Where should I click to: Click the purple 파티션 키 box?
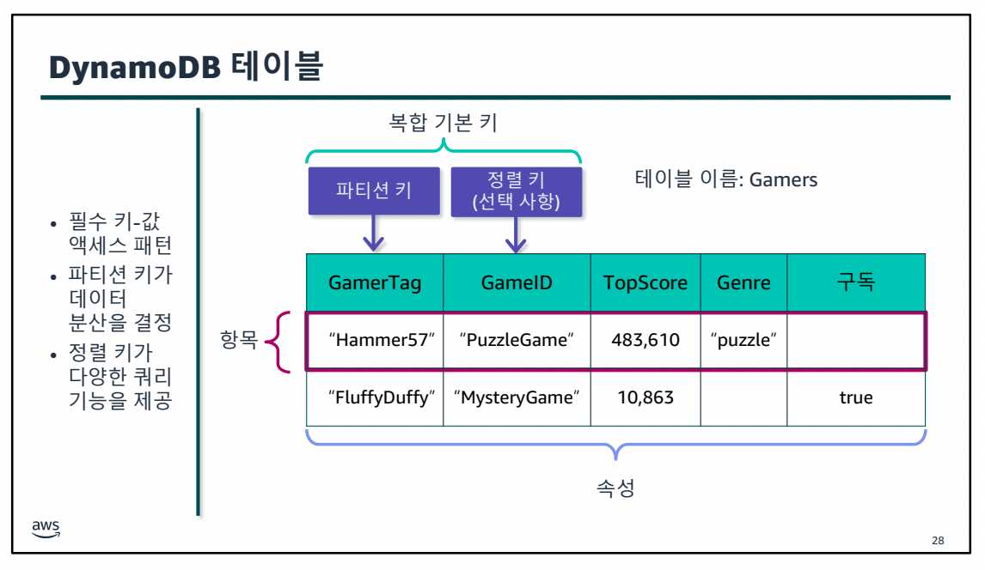coord(373,190)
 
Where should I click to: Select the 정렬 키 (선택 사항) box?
coord(516,191)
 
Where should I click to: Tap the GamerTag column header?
coord(375,282)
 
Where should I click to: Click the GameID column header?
coord(517,282)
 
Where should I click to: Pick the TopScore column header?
coord(645,282)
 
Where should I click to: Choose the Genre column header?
coord(743,282)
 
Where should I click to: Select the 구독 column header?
coord(855,282)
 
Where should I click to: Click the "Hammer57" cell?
coord(375,340)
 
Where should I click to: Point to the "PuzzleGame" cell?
coord(517,340)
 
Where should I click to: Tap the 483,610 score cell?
coord(645,340)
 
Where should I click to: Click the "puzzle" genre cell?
coord(743,340)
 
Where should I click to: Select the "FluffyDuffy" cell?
coord(375,397)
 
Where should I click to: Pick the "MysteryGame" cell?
coord(517,397)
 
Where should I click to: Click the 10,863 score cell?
coord(645,397)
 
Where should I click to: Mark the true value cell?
coord(855,397)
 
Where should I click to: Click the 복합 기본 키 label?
coord(444,124)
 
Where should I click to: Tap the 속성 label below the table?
coord(615,489)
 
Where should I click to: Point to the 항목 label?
coord(240,341)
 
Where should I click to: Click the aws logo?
coord(46,527)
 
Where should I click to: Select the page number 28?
coord(937,541)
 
